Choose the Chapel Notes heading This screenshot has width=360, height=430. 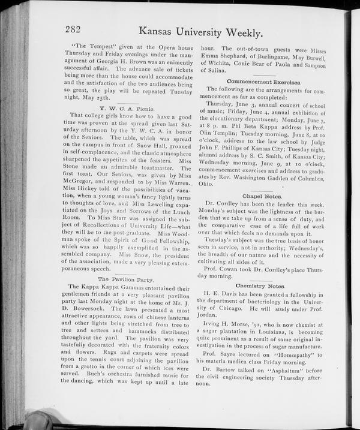[259, 196]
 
